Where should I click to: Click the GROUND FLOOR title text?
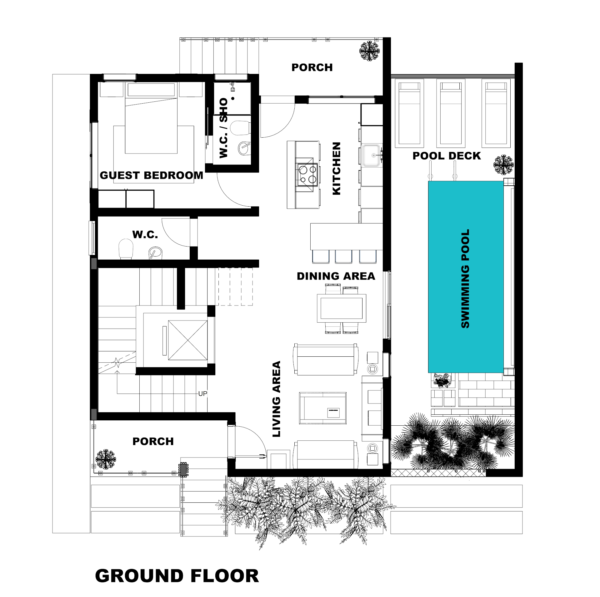click(177, 576)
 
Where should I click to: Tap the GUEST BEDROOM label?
click(151, 175)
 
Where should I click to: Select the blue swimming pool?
click(466, 277)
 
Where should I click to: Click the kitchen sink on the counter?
click(371, 155)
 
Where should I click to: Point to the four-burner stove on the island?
click(307, 174)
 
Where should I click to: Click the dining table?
click(342, 308)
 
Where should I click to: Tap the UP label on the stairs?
click(202, 394)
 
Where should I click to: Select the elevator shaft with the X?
click(187, 340)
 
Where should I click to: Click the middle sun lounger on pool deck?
click(451, 113)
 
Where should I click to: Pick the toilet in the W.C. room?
click(126, 249)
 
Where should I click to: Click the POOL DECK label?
click(447, 156)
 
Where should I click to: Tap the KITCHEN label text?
click(336, 169)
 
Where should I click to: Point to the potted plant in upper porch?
click(369, 51)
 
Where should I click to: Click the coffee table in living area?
click(322, 408)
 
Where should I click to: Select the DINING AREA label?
click(336, 276)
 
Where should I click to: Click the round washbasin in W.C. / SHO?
click(244, 148)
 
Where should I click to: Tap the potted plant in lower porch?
click(105, 459)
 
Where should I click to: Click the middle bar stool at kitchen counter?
click(343, 257)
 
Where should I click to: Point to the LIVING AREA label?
click(277, 399)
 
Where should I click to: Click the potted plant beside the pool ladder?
click(503, 164)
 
